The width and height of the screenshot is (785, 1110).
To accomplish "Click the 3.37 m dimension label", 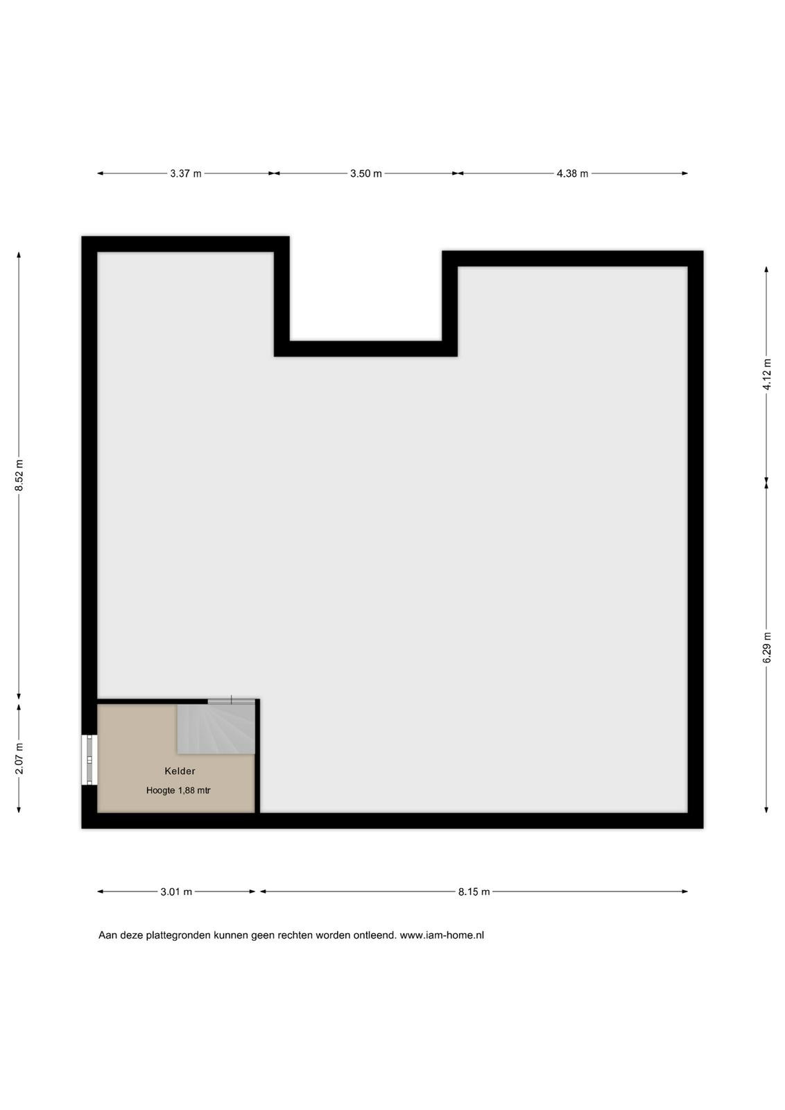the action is click(x=186, y=173).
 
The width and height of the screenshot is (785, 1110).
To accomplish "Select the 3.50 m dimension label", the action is click(x=366, y=173).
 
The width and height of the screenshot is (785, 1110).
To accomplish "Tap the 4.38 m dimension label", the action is click(x=573, y=173).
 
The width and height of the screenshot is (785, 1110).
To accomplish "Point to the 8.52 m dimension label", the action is click(x=19, y=475).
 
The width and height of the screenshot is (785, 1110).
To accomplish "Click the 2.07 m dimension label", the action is click(x=19, y=758).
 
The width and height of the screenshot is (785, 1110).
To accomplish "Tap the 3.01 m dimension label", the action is click(x=176, y=892).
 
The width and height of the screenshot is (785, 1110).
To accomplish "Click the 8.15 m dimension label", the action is click(x=474, y=892).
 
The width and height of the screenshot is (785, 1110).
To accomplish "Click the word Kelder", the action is click(x=180, y=771).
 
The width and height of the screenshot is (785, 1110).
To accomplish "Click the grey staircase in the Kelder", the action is click(x=216, y=729).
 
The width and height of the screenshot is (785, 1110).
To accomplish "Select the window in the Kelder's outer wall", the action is click(x=89, y=760).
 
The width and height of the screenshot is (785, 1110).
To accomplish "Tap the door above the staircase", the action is click(x=232, y=701).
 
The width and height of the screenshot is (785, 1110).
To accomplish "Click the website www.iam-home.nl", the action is click(x=442, y=936).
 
